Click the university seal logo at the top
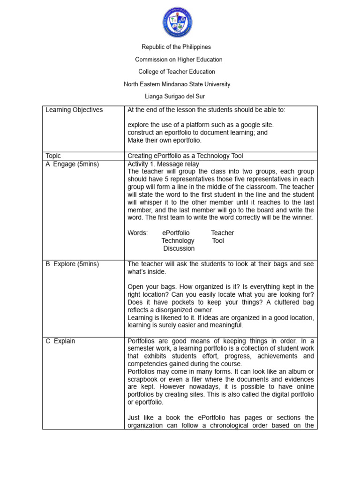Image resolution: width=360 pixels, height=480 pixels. click(177, 22)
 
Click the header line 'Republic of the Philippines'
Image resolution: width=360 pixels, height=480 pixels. click(177, 47)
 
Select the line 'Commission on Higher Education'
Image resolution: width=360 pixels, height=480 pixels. click(179, 60)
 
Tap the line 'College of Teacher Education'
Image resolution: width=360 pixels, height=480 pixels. click(177, 72)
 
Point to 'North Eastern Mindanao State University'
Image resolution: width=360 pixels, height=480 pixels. click(177, 84)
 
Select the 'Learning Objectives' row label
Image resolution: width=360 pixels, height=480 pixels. click(74, 110)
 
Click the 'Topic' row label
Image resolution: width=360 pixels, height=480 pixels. click(53, 156)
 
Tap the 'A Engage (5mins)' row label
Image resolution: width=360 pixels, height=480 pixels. click(72, 164)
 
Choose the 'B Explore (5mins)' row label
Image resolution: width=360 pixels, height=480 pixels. click(72, 264)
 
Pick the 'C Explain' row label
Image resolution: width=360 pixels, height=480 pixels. click(60, 341)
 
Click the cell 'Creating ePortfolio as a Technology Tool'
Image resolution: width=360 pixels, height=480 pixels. click(185, 156)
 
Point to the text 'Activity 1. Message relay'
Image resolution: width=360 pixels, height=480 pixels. click(163, 164)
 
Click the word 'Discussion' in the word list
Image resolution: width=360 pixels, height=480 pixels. click(179, 248)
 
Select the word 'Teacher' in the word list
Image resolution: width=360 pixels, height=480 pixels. click(222, 233)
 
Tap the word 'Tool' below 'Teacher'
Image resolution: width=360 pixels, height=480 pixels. click(218, 240)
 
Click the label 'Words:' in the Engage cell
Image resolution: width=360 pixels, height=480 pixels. click(137, 233)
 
